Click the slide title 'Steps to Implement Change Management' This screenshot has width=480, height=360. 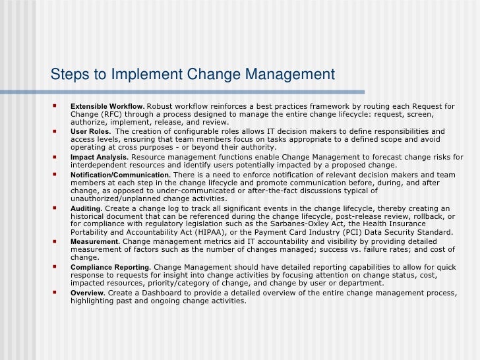coord(193,73)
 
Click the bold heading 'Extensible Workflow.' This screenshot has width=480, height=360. coord(107,106)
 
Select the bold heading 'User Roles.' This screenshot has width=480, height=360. coord(91,131)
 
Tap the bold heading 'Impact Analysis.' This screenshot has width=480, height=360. coord(100,158)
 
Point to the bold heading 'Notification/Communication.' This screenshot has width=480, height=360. coord(120,175)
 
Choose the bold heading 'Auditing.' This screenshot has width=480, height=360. coord(86,208)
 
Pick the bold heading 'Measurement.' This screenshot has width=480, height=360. coord(95,241)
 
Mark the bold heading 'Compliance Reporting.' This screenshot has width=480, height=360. coord(111,266)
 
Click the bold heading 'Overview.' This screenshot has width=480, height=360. coord(88,292)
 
